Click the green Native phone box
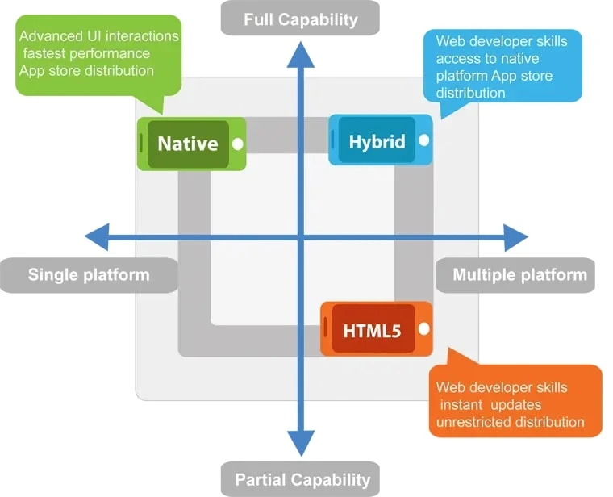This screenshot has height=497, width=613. [190, 144]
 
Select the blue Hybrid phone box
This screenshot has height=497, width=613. [379, 140]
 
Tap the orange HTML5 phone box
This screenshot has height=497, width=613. [375, 329]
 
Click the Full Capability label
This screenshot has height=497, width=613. [300, 19]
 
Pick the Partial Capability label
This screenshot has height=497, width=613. [300, 480]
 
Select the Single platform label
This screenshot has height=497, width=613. [89, 274]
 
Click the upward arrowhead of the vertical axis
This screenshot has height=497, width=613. [301, 55]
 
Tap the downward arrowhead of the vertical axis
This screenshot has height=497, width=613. [301, 441]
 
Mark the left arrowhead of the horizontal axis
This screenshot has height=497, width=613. [98, 237]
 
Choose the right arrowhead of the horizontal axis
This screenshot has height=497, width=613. [515, 237]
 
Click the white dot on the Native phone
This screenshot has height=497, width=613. [238, 144]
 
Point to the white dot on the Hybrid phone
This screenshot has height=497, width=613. [424, 140]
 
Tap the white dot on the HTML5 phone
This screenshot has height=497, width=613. [424, 329]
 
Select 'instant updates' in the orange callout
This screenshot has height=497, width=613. [490, 404]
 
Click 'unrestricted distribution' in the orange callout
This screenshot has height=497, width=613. [510, 421]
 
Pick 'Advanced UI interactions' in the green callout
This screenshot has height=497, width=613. [98, 36]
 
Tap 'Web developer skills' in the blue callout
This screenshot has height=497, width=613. [501, 41]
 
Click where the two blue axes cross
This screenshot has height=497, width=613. [301, 237]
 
